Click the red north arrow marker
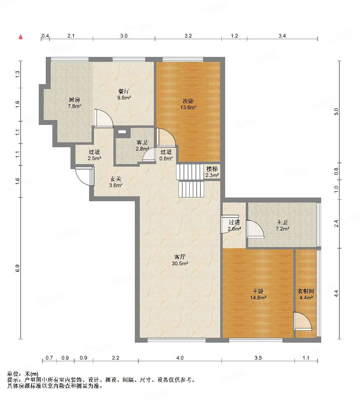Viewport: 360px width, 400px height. coord(21,37)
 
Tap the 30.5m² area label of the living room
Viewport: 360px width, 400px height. coord(180,264)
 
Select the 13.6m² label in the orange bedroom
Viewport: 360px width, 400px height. coord(188,108)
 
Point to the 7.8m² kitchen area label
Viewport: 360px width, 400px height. coord(75,106)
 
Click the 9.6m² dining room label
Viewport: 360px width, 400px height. coord(124,97)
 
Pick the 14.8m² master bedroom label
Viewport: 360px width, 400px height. coord(258,297)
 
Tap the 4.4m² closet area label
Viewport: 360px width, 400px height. coord(306,297)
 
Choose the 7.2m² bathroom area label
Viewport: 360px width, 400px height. coord(282,229)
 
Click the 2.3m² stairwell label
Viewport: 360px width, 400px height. coord(212,175)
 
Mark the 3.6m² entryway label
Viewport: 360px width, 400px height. coord(116,186)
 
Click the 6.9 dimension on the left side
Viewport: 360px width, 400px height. coord(17,268)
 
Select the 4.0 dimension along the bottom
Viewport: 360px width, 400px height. coord(180,358)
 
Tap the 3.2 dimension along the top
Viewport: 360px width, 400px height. coord(188,36)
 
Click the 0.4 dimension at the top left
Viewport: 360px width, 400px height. coord(45,36)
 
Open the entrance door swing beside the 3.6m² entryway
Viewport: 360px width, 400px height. coord(85,176)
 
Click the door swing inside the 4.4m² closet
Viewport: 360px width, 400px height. coord(302,321)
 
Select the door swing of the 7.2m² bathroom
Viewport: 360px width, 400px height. coord(255,229)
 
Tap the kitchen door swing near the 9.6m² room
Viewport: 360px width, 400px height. coord(104,118)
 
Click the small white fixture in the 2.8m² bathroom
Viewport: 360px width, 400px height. coord(122,132)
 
